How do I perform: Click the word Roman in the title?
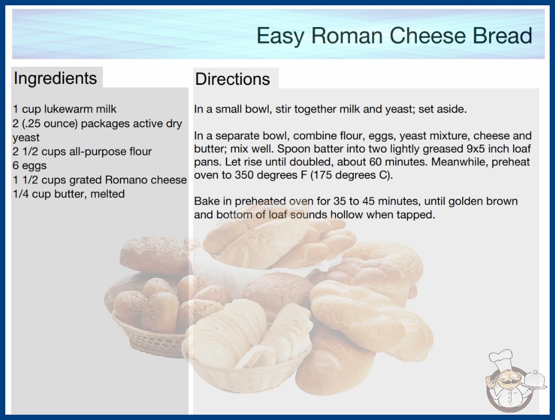346,36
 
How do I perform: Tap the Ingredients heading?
55,78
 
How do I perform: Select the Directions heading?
232,79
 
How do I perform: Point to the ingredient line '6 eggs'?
30,165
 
